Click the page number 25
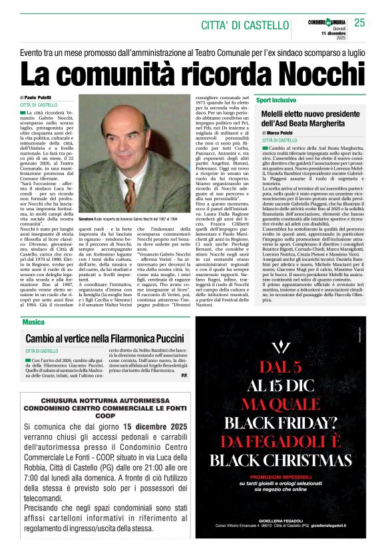(360, 23)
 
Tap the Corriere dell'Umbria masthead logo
(325, 22)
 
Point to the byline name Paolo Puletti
(41, 98)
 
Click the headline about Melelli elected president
(309, 120)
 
